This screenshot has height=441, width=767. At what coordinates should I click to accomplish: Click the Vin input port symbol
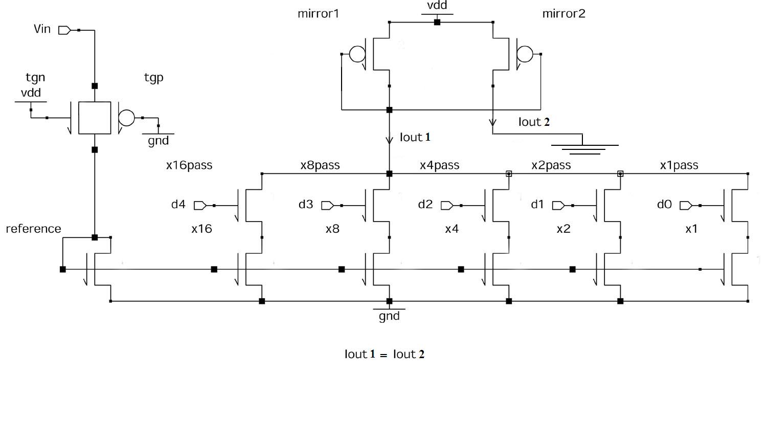click(x=64, y=30)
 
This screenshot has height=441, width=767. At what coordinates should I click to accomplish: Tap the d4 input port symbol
click(x=200, y=205)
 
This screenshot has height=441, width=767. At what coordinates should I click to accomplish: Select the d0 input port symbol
click(x=686, y=205)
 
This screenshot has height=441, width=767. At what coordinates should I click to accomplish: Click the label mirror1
click(x=318, y=14)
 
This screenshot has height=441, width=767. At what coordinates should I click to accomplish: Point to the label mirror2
click(x=563, y=14)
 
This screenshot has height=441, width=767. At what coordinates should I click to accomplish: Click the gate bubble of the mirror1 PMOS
click(x=357, y=54)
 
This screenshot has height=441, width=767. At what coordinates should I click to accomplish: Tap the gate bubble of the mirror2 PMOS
click(x=525, y=54)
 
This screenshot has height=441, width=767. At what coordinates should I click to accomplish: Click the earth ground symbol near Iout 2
click(x=582, y=148)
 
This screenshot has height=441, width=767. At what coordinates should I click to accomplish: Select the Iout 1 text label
click(x=415, y=137)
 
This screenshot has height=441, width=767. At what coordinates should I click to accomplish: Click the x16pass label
click(x=189, y=165)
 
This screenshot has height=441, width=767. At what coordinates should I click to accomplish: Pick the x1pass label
click(x=679, y=165)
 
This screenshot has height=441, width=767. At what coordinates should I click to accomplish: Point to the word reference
click(x=33, y=229)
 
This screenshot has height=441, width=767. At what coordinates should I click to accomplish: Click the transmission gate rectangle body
click(x=95, y=118)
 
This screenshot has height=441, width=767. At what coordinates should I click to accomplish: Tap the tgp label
click(x=153, y=78)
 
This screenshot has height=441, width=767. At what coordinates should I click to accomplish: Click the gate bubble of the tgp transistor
click(x=126, y=118)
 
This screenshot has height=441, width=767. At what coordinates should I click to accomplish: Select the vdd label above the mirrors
click(x=437, y=6)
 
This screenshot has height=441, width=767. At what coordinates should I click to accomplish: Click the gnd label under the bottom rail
click(x=389, y=316)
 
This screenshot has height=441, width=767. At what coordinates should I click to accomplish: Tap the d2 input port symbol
click(x=446, y=205)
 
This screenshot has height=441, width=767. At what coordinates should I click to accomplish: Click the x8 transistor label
click(x=332, y=229)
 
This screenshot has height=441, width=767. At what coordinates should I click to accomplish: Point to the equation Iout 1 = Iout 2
click(x=384, y=354)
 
